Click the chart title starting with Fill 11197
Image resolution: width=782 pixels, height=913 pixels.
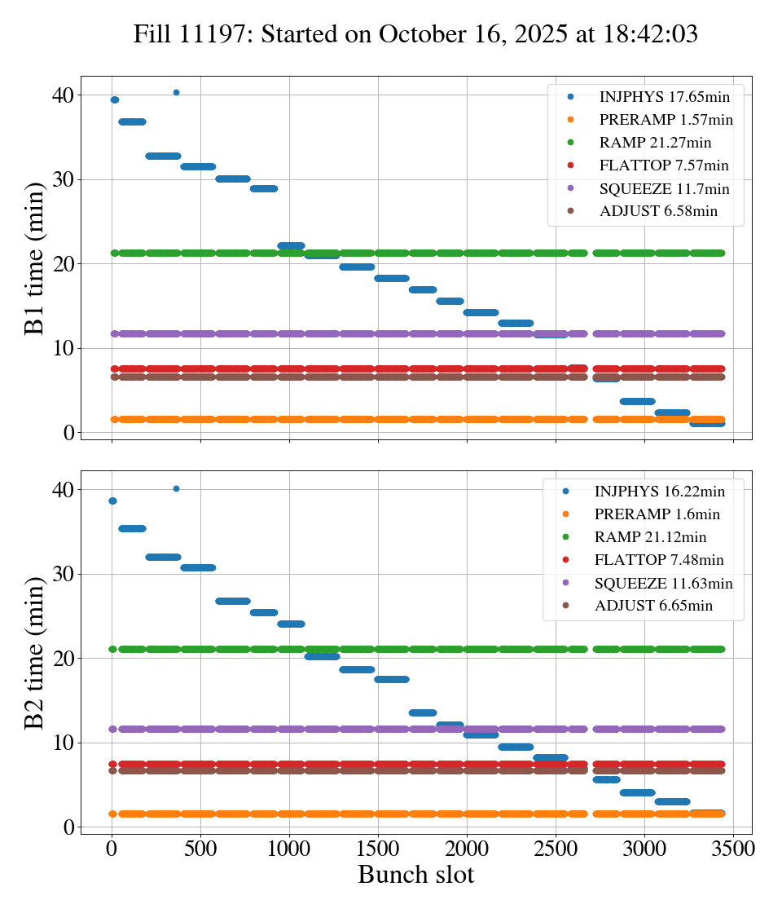pos(415,33)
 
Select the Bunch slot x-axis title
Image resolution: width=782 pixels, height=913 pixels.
pos(415,875)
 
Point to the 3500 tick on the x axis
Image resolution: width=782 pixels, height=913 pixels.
pos(732,848)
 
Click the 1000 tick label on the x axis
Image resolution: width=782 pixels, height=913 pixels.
pos(289,848)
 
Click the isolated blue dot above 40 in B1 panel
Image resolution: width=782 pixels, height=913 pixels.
pos(176,92)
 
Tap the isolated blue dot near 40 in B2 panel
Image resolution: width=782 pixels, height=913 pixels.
pos(176,488)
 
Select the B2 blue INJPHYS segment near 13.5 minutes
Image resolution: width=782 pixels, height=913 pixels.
pos(422,712)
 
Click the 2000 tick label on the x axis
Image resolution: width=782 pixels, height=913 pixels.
pos(467,848)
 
